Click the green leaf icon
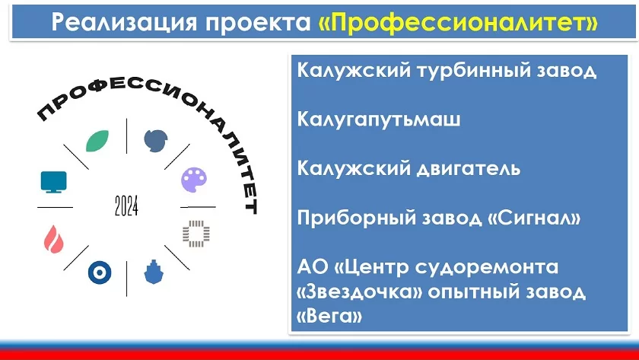click(x=97, y=141)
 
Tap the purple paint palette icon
click(x=194, y=180)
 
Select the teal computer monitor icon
click(x=53, y=182)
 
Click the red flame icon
click(x=54, y=239)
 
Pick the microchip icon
click(x=196, y=234)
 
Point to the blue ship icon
click(x=154, y=272)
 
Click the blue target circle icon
click(x=100, y=272)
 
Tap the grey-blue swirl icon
click(x=156, y=141)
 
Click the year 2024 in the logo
click(x=126, y=205)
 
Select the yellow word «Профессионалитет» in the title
click(x=458, y=22)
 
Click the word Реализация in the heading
click(x=124, y=23)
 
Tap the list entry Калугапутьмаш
click(x=379, y=119)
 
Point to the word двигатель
click(x=469, y=168)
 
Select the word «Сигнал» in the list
click(x=534, y=218)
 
